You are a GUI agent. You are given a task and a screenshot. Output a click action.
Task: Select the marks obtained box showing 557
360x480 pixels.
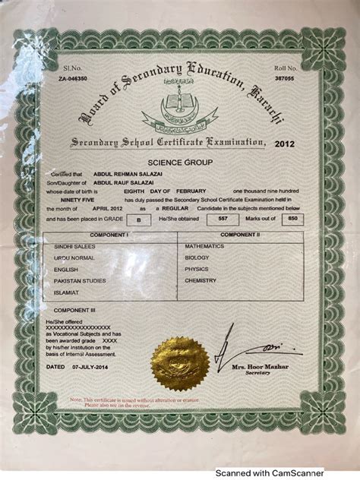tap(223, 217)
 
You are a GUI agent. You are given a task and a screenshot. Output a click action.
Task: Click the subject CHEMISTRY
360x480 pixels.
tap(201, 279)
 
